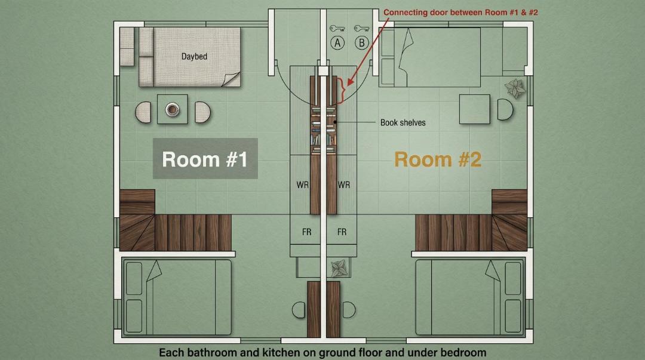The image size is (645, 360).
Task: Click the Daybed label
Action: click(x=194, y=56)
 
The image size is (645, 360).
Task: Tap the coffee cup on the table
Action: click(x=172, y=109)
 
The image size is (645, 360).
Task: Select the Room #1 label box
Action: click(x=205, y=158)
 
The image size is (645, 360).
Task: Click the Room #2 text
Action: click(x=438, y=159)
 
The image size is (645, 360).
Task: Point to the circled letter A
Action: click(x=337, y=43)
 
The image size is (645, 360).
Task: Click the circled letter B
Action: click(x=362, y=43)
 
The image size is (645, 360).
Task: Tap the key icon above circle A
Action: click(x=337, y=29)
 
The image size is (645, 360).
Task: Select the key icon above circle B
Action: click(x=361, y=29)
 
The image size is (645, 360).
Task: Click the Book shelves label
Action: click(x=403, y=122)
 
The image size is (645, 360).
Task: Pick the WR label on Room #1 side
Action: click(x=302, y=185)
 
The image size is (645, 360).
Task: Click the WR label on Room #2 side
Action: click(x=344, y=185)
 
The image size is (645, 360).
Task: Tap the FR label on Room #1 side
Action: click(x=306, y=232)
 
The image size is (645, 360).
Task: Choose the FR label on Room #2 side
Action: click(x=342, y=232)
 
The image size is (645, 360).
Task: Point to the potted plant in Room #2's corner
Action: click(x=515, y=88)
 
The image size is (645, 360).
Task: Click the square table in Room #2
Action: click(x=475, y=109)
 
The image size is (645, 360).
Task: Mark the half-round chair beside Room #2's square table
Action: click(x=505, y=109)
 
